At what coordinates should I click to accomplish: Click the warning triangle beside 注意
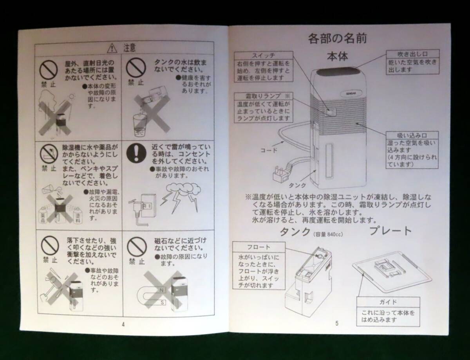pos(113,48)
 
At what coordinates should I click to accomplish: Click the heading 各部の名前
pos(337,38)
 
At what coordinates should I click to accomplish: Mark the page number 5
pos(336,323)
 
